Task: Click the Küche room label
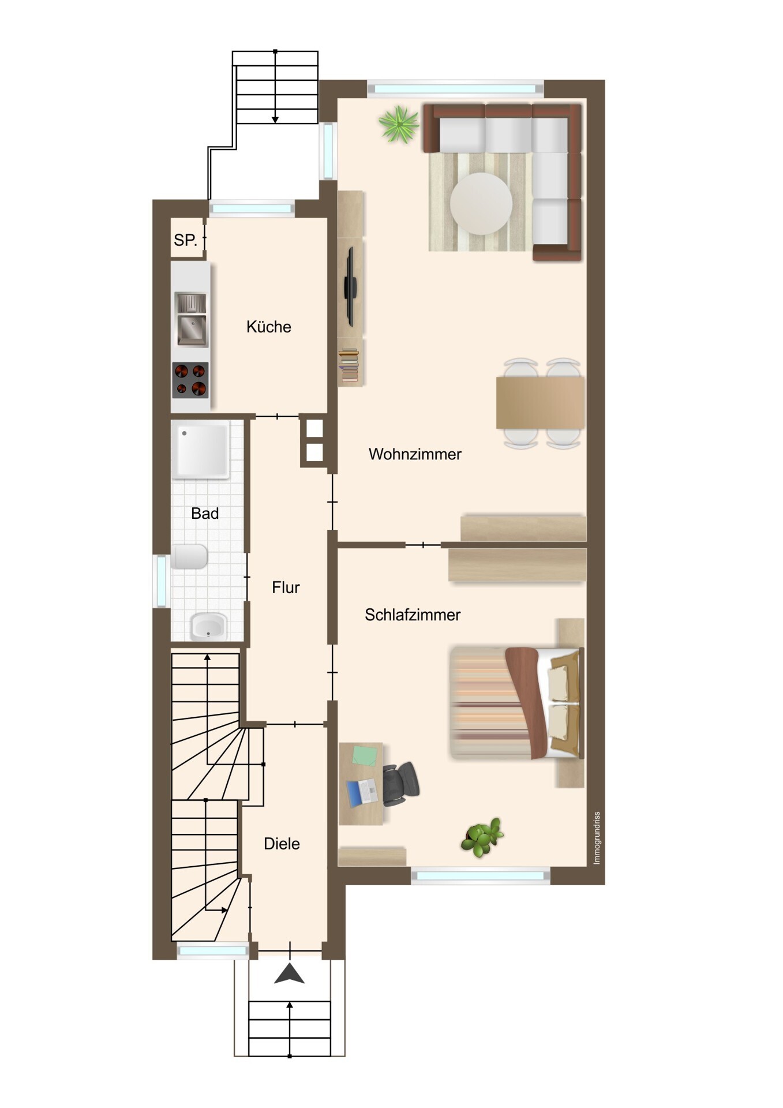(268, 327)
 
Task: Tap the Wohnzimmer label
(415, 454)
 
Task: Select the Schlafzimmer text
(413, 615)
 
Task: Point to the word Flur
(286, 587)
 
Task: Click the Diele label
(282, 844)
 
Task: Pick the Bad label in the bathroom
(205, 514)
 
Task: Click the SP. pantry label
(185, 240)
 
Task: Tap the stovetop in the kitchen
(190, 380)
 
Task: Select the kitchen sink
(191, 320)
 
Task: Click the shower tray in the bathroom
(201, 450)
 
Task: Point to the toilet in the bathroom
(189, 557)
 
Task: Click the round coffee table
(481, 204)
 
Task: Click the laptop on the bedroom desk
(362, 792)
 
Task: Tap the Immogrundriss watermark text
(597, 838)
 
